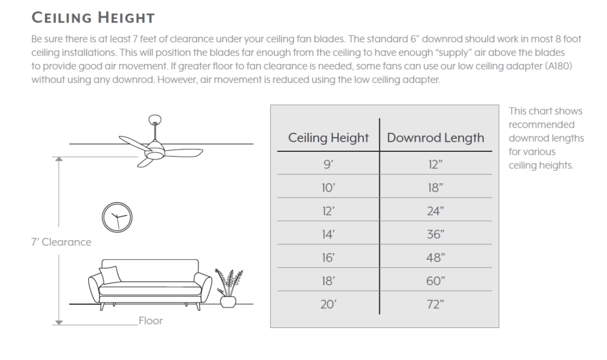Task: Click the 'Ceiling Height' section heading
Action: tap(93, 18)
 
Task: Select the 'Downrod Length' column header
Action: tap(436, 138)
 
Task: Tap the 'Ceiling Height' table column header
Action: tap(328, 138)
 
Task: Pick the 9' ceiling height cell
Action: tap(328, 164)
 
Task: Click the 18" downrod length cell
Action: tap(436, 188)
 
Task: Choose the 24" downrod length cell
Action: tap(436, 211)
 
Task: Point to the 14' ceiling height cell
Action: tap(328, 234)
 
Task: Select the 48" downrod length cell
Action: tap(436, 258)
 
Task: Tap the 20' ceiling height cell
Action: tap(328, 304)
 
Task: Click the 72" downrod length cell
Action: tap(436, 304)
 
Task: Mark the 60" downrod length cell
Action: tap(436, 281)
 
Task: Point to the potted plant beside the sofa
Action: tap(229, 288)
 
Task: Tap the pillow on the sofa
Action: tap(110, 275)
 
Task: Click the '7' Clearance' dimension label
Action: tap(61, 242)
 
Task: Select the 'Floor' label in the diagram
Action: tap(151, 321)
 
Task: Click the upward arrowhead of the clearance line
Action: tap(59, 160)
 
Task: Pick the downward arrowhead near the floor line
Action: tap(59, 323)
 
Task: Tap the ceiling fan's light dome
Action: tap(154, 154)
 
